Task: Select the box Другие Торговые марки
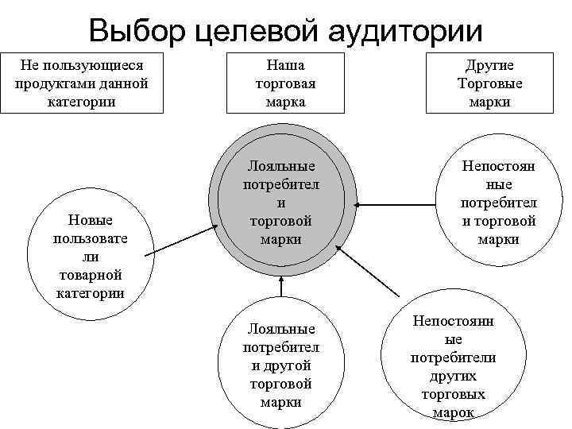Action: pos(489,83)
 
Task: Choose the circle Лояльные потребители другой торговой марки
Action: pos(280,365)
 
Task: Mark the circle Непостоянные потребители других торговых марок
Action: pos(453,364)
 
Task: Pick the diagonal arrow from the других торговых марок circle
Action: pos(369,274)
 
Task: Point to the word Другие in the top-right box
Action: pos(489,66)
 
